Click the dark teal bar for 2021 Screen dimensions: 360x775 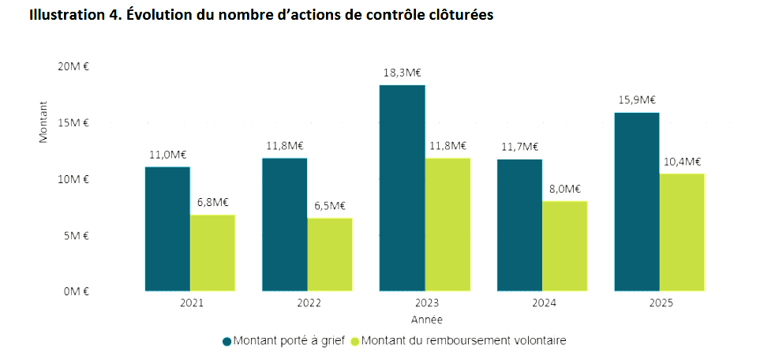coord(167,229)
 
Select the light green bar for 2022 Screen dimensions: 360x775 coord(330,254)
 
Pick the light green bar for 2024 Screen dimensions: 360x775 coord(564,246)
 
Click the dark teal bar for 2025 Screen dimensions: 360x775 coord(637,201)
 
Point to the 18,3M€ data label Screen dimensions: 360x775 coord(402,73)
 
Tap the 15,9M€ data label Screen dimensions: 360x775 coord(637,100)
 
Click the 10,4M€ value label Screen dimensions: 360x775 coord(682,161)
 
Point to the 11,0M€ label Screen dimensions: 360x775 coord(167,155)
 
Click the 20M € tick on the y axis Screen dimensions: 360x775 coord(74,66)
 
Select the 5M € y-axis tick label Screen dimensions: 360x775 coord(77,235)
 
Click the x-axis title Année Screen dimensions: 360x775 coord(426,320)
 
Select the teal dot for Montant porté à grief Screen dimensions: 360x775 coord(227,341)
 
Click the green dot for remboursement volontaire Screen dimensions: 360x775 coord(355,341)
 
